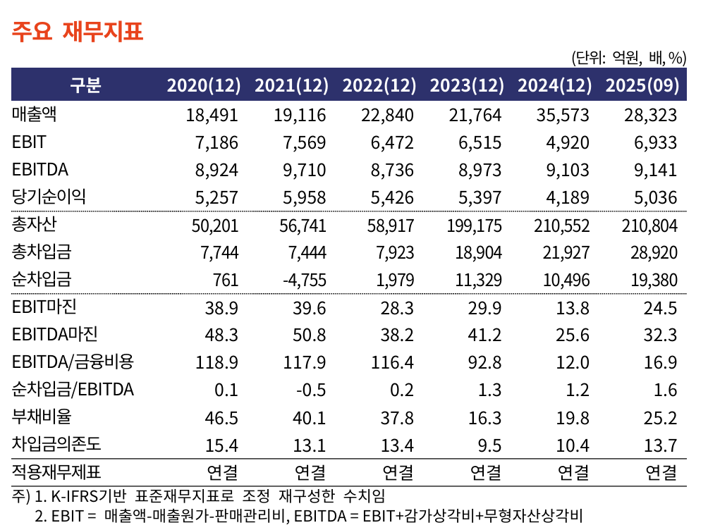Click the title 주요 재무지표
tap(77, 32)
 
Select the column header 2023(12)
tap(467, 85)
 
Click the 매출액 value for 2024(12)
tap(563, 115)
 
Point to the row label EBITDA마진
tap(54, 335)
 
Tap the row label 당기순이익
tap(49, 197)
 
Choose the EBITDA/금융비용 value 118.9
tap(217, 363)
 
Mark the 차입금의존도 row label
tap(56, 445)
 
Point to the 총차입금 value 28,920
tap(651, 252)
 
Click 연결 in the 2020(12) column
tap(222, 472)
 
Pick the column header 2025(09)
tap(642, 85)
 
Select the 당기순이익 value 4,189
tap(568, 197)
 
